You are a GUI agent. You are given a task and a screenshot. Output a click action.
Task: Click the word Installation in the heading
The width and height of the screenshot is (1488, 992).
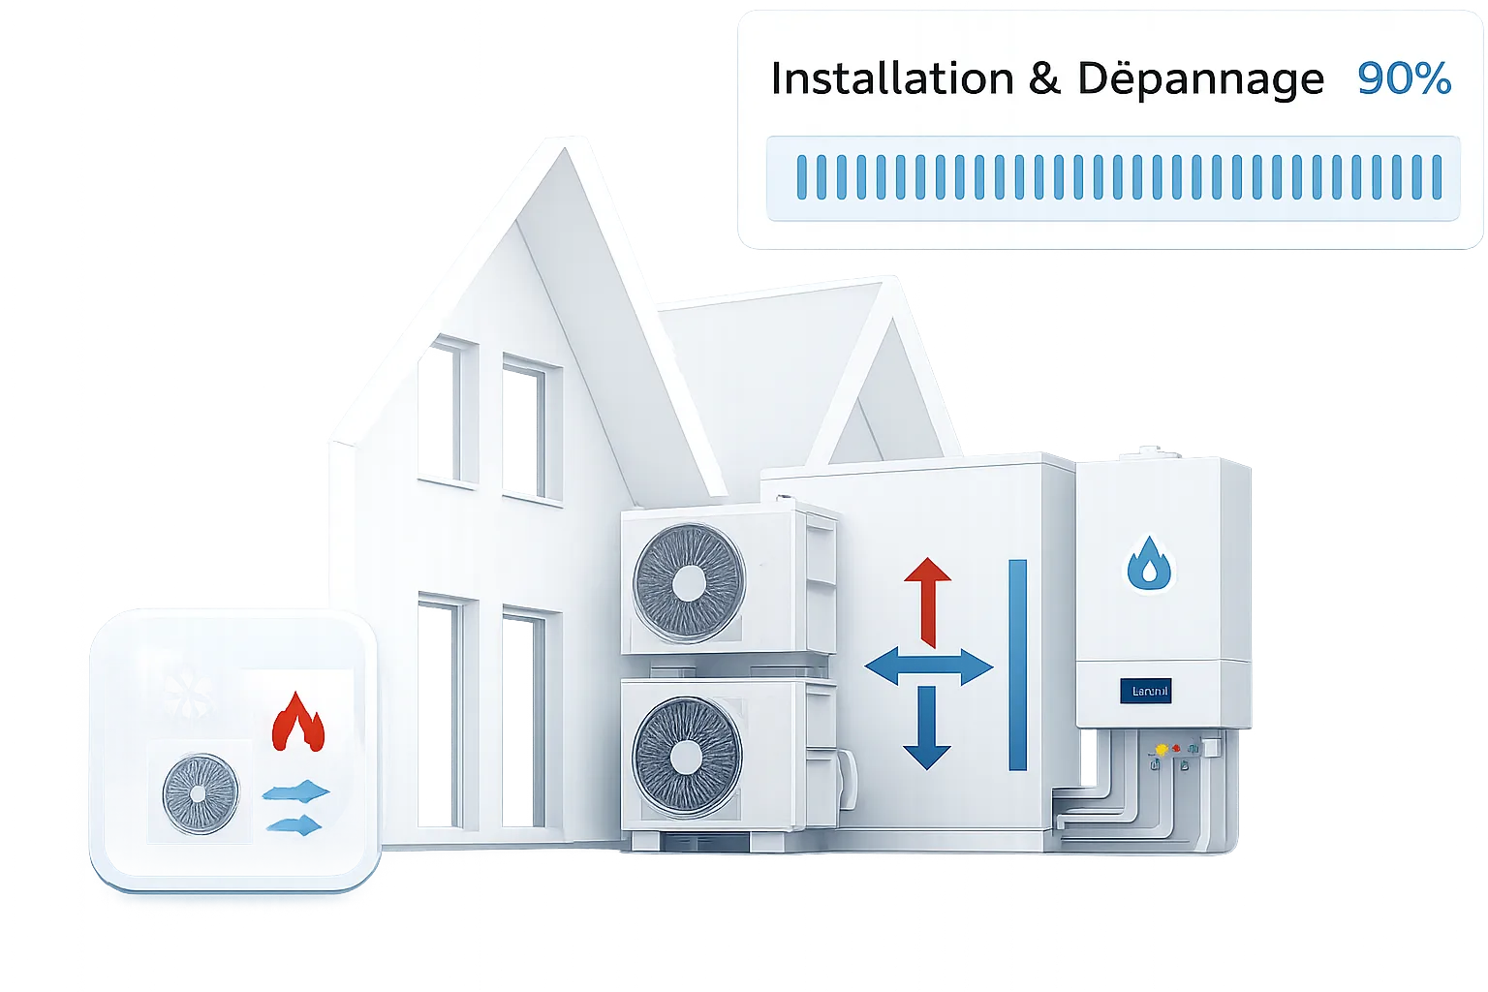click(891, 78)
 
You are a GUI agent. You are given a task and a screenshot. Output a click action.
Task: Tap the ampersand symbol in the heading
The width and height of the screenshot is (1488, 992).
click(1044, 78)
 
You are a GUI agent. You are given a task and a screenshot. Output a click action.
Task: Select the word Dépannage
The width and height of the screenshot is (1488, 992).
click(1200, 80)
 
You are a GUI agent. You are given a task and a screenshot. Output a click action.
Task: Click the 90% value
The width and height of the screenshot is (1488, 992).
click(1404, 78)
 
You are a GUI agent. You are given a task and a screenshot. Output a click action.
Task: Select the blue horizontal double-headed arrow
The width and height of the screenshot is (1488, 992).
click(928, 667)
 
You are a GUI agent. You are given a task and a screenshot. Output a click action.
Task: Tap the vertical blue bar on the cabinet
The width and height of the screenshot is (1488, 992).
click(1017, 665)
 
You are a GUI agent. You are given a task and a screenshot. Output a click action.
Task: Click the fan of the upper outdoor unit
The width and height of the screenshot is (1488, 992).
click(689, 582)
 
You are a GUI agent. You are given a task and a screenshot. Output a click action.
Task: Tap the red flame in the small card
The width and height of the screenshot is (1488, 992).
click(297, 722)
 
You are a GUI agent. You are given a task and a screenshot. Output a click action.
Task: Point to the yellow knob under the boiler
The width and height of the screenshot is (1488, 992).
click(1161, 750)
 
